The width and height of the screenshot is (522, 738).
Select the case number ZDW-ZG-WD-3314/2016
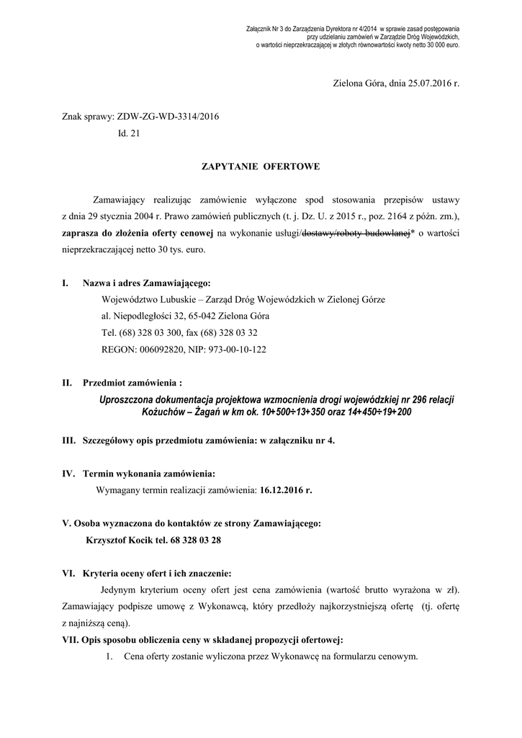click(x=163, y=116)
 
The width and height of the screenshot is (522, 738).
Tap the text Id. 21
click(x=130, y=133)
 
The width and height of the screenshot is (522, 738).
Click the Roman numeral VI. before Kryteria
click(x=69, y=574)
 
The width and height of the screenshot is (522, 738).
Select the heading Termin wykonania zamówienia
click(x=149, y=474)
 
